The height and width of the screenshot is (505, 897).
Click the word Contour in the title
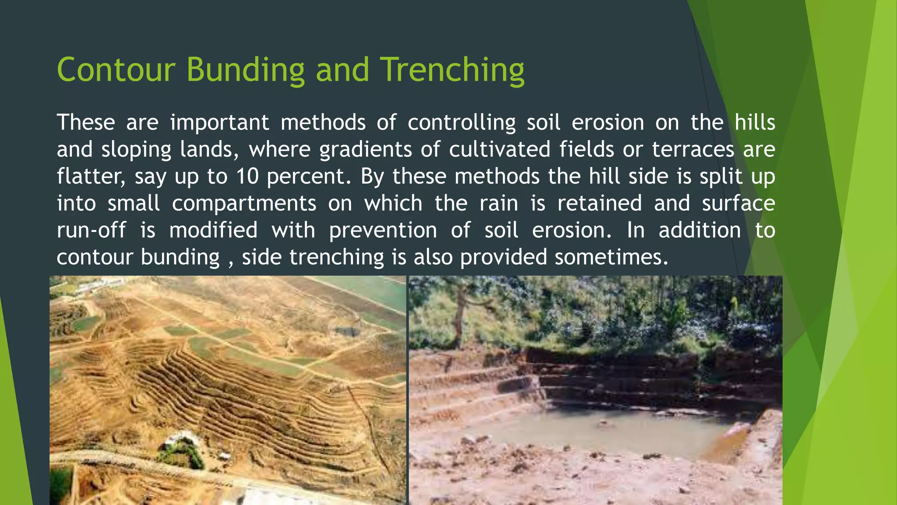tap(116, 70)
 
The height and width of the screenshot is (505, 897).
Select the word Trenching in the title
tap(452, 70)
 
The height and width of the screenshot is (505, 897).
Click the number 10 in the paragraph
tap(249, 177)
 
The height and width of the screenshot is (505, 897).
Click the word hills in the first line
tap(755, 122)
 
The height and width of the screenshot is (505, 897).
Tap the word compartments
tap(244, 204)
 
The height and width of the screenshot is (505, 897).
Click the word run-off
tap(91, 231)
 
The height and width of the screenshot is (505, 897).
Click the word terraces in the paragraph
tap(693, 149)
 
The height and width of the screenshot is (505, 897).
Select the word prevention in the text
tap(383, 231)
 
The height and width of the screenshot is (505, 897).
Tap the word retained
tap(599, 204)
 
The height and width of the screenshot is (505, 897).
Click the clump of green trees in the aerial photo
tap(180, 452)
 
